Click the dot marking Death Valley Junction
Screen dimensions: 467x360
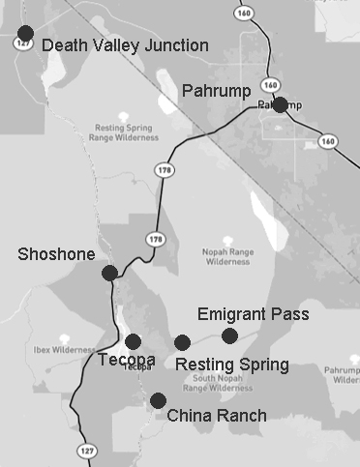[25, 34]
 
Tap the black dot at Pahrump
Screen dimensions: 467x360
[280, 104]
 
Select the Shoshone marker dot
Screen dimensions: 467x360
[109, 273]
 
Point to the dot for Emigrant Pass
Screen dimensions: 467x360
[229, 336]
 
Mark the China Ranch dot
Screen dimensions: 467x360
[158, 400]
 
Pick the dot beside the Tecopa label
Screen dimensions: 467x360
[133, 340]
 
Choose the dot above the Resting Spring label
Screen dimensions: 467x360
[182, 341]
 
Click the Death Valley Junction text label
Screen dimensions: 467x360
[126, 45]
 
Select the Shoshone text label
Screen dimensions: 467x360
[56, 254]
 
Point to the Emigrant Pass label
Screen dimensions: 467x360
[253, 314]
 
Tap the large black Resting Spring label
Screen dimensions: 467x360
[231, 365]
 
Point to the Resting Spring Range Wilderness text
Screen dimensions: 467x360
[127, 131]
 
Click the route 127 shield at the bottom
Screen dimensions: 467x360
[78, 450]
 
